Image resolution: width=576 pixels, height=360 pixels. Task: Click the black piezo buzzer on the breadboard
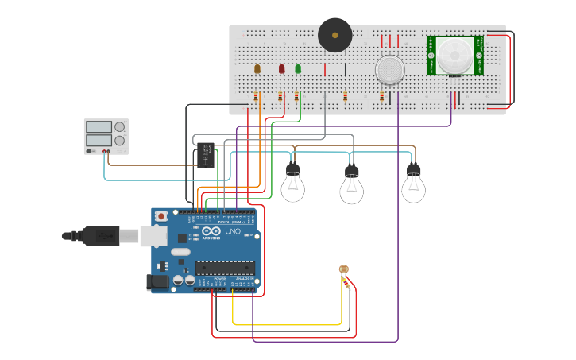pos(334,35)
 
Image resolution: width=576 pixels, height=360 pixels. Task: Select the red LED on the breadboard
pos(281,69)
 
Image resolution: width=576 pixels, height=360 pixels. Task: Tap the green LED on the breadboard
pos(298,69)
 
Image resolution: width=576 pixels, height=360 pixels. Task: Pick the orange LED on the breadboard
pos(257,69)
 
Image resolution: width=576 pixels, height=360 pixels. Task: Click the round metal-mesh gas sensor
pos(390,70)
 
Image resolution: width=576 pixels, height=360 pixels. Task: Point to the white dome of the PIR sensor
pos(454,54)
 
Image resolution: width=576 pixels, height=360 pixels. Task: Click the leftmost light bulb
pos(292,184)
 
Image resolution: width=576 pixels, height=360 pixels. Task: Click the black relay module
pos(206,154)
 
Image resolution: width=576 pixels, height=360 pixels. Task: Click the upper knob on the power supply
pos(119,126)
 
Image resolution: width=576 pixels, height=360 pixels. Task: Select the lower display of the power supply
pos(99,141)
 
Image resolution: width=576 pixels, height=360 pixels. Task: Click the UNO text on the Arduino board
pos(233,231)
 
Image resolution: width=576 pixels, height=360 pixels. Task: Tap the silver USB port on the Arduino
pos(153,235)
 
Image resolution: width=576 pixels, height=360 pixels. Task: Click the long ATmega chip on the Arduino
pos(225,267)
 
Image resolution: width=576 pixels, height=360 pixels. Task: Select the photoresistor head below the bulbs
pos(343,269)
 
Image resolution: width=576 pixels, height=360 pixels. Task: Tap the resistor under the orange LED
pos(256,96)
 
